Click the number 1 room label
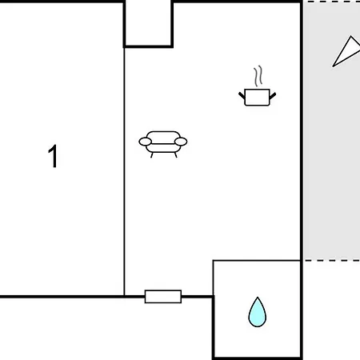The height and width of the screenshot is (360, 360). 54,156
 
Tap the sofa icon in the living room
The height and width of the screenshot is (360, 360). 163,144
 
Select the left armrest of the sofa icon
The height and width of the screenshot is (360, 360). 145,142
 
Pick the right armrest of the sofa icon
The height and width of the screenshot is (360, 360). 181,142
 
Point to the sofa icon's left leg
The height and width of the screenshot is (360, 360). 152,155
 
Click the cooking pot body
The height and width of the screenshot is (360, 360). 257,98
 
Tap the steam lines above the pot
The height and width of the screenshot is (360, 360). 258,76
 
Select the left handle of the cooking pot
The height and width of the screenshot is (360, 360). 242,95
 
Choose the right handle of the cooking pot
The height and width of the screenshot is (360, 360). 273,95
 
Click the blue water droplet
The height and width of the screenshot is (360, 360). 258,312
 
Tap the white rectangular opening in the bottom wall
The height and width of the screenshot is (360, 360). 163,297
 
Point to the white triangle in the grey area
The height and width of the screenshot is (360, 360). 346,51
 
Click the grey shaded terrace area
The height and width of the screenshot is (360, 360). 332,130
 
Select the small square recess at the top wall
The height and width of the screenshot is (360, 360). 148,24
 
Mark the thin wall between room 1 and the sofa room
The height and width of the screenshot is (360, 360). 124,171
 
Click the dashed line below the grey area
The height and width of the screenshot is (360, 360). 332,261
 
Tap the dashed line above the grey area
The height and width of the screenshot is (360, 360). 332,2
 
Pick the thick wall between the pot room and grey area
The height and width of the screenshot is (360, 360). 302,130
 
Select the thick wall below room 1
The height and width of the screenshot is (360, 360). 62,297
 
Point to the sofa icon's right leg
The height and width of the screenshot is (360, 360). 175,155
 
